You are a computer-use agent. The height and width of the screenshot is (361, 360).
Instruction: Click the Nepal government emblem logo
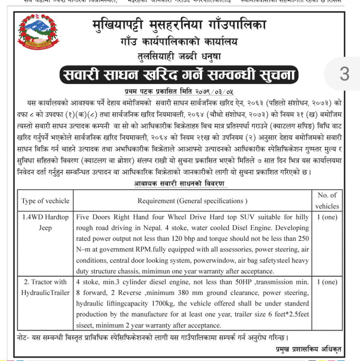point(35,31)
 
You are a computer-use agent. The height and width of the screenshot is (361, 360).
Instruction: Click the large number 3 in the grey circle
point(344,74)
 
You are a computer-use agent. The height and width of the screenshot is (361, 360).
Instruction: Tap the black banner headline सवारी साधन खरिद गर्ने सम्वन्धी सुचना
point(178,75)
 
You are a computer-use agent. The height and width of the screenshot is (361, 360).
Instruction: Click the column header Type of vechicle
point(45,201)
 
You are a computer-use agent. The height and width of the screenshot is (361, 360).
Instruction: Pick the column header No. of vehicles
point(327,201)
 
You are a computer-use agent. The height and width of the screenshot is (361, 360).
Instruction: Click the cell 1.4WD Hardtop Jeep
point(45,223)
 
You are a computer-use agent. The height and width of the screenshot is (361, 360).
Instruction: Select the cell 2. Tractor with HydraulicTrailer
point(45,287)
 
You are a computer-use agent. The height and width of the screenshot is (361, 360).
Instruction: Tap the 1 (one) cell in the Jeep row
point(327,217)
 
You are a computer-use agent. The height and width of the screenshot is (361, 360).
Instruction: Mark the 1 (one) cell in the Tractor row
point(327,282)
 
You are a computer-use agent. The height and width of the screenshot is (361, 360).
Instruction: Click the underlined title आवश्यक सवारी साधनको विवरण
point(180,183)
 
